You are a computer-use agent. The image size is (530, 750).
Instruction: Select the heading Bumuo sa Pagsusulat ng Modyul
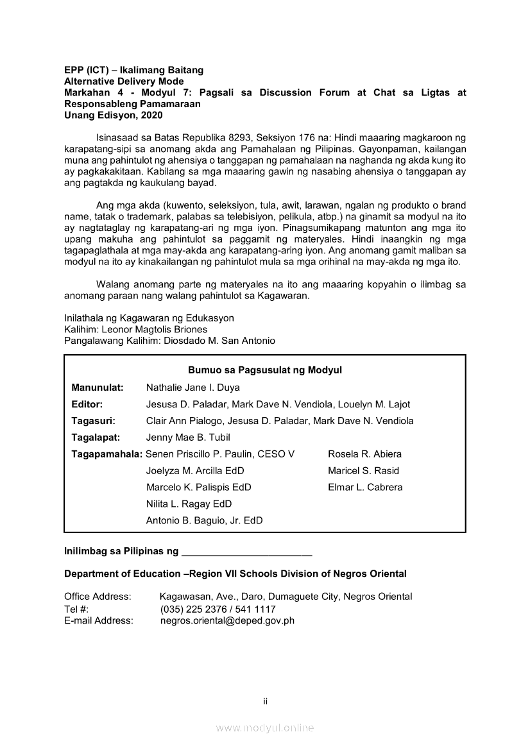pyautogui.click(x=265, y=370)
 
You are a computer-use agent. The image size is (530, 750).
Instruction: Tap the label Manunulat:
pyautogui.click(x=98, y=388)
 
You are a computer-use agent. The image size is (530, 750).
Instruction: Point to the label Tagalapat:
pyautogui.click(x=97, y=438)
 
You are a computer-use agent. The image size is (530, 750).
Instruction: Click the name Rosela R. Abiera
pyautogui.click(x=364, y=454)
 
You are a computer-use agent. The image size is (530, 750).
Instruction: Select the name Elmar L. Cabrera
pyautogui.click(x=365, y=488)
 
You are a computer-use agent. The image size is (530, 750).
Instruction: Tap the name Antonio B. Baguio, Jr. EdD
pyautogui.click(x=204, y=521)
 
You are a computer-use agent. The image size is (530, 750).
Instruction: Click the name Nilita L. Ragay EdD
pyautogui.click(x=189, y=504)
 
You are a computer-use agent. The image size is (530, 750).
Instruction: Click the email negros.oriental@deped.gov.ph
pyautogui.click(x=227, y=621)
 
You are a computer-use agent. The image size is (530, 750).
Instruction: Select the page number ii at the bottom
pyautogui.click(x=265, y=701)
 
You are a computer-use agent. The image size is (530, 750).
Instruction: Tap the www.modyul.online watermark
pyautogui.click(x=265, y=728)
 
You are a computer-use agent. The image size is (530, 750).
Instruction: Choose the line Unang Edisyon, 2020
pyautogui.click(x=114, y=115)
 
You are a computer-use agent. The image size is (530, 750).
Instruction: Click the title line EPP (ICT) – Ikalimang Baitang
pyautogui.click(x=133, y=70)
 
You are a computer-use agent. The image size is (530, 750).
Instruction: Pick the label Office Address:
pyautogui.click(x=98, y=597)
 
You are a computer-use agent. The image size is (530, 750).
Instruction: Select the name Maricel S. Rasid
pyautogui.click(x=363, y=471)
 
